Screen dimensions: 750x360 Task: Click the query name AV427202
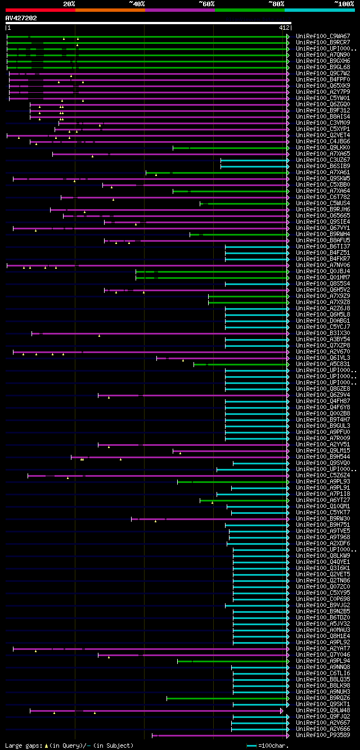click(x=21, y=18)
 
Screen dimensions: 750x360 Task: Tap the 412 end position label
click(x=284, y=28)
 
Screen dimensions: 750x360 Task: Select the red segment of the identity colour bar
click(x=40, y=10)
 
